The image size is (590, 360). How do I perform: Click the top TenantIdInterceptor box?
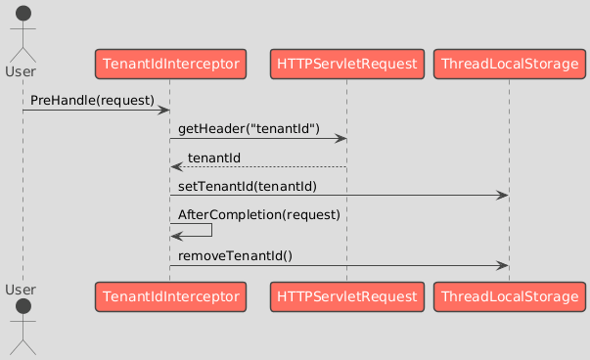click(169, 65)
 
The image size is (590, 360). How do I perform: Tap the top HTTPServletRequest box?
click(346, 65)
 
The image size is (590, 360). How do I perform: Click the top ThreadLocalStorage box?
click(509, 65)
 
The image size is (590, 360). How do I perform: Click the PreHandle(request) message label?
click(92, 101)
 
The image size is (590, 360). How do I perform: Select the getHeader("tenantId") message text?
click(249, 129)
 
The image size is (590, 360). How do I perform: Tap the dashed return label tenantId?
click(214, 157)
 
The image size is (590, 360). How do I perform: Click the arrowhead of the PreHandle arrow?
click(164, 111)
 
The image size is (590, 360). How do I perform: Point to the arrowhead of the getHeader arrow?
click(341, 139)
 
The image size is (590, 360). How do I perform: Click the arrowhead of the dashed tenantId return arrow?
click(175, 167)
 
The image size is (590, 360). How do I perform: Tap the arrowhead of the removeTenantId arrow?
click(503, 265)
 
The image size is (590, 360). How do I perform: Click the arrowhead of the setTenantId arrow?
click(503, 196)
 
